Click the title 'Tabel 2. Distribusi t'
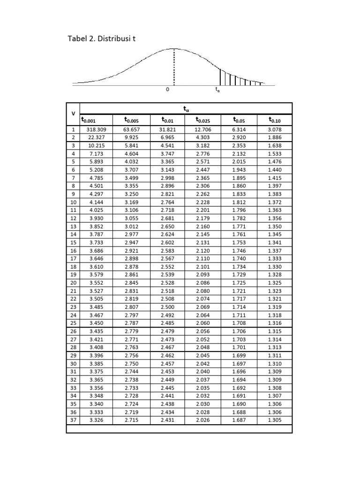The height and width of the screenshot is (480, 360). point(102,38)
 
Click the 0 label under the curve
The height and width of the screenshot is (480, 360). point(167,90)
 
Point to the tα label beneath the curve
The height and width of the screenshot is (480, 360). point(217,90)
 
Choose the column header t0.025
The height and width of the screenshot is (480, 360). point(203,120)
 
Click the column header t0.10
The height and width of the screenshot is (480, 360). point(275,120)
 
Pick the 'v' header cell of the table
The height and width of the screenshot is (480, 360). point(73,114)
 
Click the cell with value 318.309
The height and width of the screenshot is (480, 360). point(96,129)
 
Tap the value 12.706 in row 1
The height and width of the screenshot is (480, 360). point(203,129)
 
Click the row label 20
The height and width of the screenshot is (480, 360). point(73,283)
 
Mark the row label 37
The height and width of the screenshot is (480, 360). point(73,420)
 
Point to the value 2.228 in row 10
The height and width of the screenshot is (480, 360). point(203,202)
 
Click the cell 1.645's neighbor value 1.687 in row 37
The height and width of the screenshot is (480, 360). point(239,420)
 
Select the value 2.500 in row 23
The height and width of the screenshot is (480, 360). point(167,307)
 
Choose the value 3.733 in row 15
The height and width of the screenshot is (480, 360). point(96,242)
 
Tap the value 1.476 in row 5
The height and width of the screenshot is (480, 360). point(275,162)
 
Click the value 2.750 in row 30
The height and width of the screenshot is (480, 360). point(132,363)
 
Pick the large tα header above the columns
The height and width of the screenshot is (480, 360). point(186,108)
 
